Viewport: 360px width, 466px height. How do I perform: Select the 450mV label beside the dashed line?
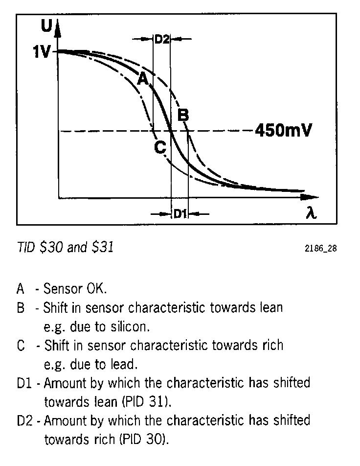(283, 131)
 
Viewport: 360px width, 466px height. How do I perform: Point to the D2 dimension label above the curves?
(162, 39)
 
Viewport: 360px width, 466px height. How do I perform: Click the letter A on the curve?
(142, 79)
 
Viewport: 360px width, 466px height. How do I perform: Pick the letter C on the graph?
(160, 146)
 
